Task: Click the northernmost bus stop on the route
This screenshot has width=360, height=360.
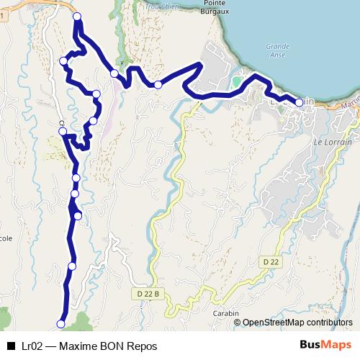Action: [77, 17]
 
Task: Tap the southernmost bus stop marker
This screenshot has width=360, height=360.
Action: [61, 323]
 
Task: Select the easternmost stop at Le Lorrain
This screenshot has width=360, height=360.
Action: [299, 102]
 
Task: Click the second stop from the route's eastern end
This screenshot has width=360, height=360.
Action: [158, 85]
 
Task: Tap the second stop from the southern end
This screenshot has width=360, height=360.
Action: [71, 266]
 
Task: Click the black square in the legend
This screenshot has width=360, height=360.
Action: [11, 346]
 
